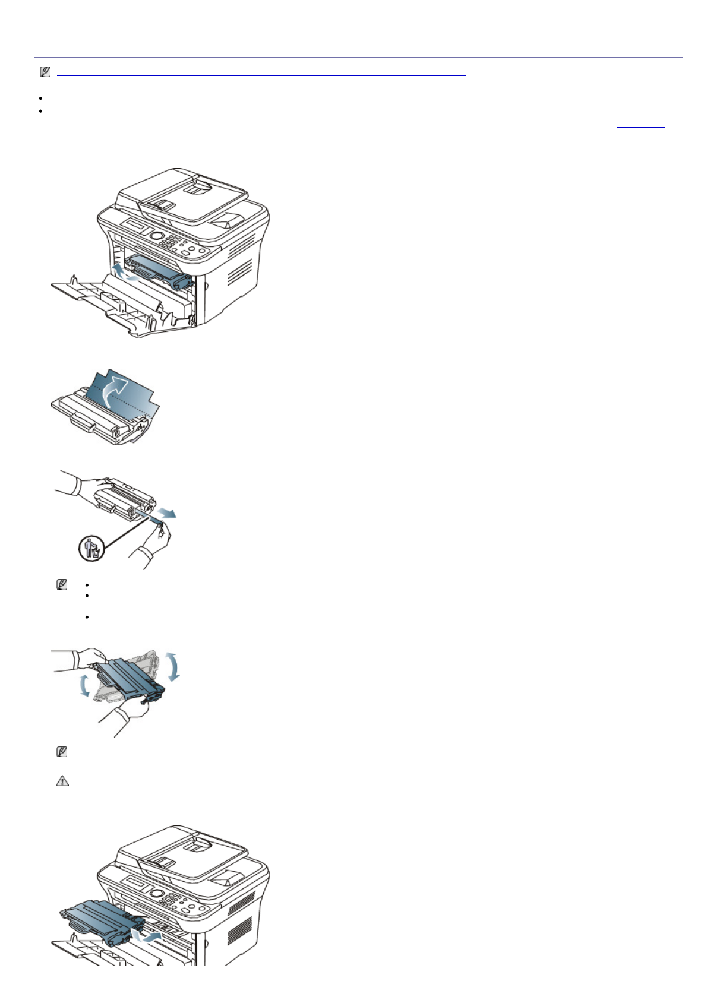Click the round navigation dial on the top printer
tap(157, 236)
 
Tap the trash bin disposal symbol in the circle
tap(92, 548)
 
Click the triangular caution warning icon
tap(62, 781)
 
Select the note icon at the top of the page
tap(45, 72)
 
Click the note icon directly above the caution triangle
tap(61, 752)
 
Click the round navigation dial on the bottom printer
tap(157, 893)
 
